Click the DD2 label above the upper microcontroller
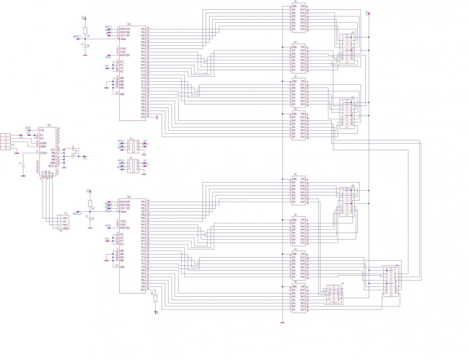129,24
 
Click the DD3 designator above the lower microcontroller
129,197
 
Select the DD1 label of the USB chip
49,125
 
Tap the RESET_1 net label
77,36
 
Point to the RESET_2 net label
77,214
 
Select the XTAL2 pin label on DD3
123,221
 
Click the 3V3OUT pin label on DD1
43,153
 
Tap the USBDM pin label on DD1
44,143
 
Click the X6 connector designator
353,32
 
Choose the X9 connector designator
397,265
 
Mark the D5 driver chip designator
295,174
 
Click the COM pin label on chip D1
303,6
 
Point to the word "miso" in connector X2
65,218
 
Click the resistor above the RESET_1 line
86,30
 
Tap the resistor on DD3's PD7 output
156,298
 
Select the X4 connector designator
131,158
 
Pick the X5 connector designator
343,283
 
